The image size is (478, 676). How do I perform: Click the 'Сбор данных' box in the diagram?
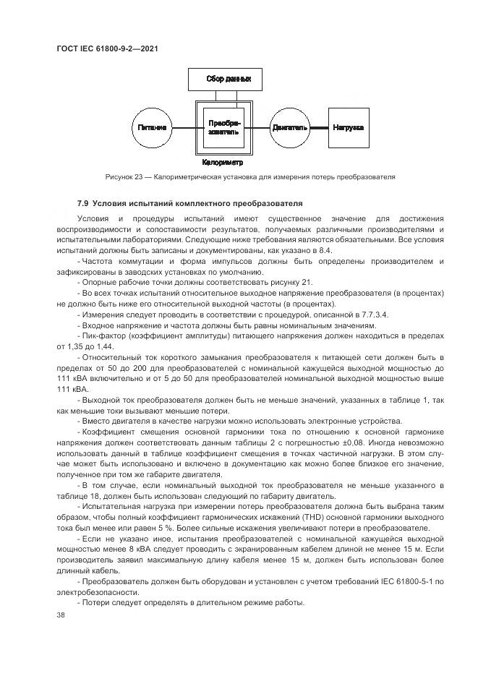tap(223, 78)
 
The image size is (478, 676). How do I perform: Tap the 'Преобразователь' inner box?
tap(223, 127)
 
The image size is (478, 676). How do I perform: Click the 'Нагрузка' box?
tap(349, 127)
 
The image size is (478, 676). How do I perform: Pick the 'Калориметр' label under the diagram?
tap(223, 163)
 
